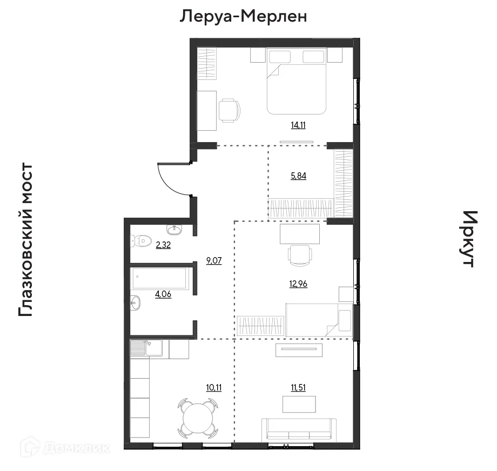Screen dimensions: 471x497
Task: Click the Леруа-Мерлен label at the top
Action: (x=243, y=16)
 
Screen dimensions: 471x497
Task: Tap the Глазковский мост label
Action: (x=26, y=240)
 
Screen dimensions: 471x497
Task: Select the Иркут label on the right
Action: (x=468, y=239)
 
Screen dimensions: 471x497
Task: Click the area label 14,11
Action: (x=298, y=125)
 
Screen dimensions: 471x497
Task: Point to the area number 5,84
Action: (x=298, y=176)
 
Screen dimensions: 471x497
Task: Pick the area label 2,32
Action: (x=164, y=245)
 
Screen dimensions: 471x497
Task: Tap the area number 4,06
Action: (x=163, y=294)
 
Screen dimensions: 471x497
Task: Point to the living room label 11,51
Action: (x=298, y=387)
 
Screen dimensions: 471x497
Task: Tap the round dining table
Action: (x=197, y=418)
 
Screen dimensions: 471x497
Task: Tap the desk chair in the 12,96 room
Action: (x=299, y=254)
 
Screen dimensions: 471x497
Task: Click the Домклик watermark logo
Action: (x=65, y=447)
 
